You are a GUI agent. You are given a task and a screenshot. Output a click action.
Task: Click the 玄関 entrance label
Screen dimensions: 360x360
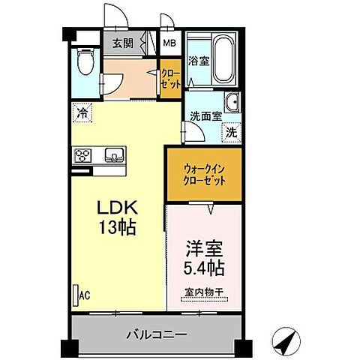pyautogui.click(x=124, y=43)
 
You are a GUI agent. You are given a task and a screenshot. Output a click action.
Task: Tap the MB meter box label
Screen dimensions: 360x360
pyautogui.click(x=172, y=43)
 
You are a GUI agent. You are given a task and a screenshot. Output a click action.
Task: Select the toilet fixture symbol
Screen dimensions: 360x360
pyautogui.click(x=85, y=61)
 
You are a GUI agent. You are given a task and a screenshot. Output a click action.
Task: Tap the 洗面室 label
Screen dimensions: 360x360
pyautogui.click(x=202, y=116)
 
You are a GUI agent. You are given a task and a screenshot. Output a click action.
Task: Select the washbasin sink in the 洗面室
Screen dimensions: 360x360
pyautogui.click(x=231, y=103)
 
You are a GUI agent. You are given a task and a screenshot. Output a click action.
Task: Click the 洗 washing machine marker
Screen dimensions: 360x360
pyautogui.click(x=231, y=130)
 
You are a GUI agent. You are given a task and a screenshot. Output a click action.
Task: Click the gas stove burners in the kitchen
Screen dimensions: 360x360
pyautogui.click(x=82, y=156)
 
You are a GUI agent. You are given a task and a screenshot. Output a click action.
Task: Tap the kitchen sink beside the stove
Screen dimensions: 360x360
pyautogui.click(x=114, y=155)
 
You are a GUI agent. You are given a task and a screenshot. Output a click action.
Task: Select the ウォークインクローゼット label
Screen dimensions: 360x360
pyautogui.click(x=204, y=174)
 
